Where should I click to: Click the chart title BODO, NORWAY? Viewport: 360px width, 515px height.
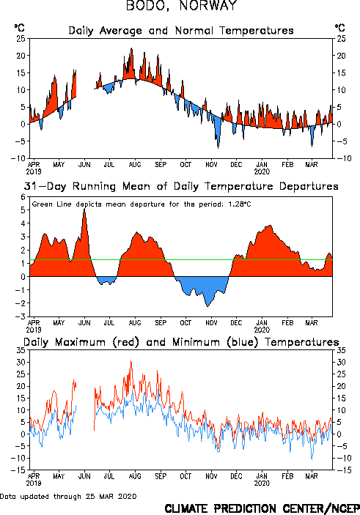coord(182,6)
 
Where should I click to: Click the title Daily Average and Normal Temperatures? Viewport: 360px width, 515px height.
coord(181,31)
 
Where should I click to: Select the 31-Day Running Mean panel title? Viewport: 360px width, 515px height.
coord(181,187)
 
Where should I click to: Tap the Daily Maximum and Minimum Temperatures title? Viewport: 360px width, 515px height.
coord(181,342)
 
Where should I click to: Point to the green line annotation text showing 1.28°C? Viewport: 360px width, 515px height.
coord(142,204)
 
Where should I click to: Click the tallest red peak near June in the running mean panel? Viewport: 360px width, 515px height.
coord(84,210)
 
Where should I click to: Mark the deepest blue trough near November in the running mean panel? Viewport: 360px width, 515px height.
coord(207,305)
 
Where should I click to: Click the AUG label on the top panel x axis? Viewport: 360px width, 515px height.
coord(135,164)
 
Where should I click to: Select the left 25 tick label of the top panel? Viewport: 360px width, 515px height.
coord(21,38)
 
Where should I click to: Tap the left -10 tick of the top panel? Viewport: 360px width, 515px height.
coord(18,158)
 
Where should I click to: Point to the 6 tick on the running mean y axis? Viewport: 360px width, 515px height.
coord(23,197)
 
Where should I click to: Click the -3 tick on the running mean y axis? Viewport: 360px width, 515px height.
coord(21,316)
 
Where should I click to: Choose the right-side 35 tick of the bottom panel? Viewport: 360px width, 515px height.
coord(341,350)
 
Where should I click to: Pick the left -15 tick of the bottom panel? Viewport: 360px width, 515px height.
coord(18,470)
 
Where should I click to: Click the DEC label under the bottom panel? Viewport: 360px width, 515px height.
coord(236,476)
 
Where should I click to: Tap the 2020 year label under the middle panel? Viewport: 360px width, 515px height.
coord(262,330)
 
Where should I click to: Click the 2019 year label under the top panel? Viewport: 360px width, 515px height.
coord(34,171)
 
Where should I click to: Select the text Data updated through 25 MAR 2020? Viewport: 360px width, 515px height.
coord(68,496)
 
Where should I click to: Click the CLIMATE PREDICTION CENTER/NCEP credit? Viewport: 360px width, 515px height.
coord(262,508)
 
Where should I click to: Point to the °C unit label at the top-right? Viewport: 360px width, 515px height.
coord(340,28)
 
